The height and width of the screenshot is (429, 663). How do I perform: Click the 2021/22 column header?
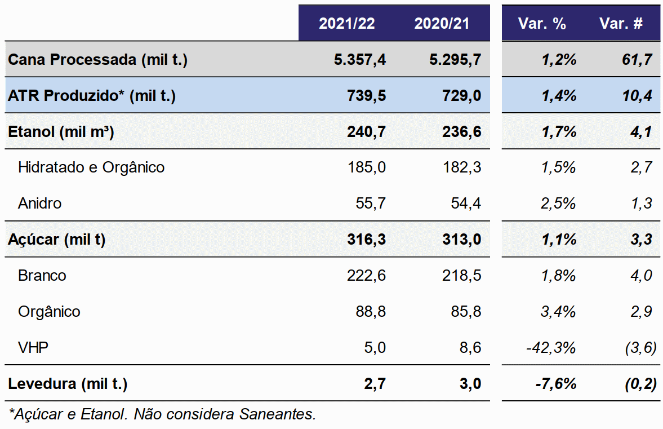(347, 23)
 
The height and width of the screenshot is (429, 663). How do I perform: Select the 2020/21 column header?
(442, 23)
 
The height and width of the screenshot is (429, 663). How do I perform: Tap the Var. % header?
(542, 23)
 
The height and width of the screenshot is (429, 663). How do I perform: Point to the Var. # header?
(621, 23)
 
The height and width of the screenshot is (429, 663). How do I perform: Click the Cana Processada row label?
(97, 60)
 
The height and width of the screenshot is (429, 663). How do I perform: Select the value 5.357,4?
(360, 60)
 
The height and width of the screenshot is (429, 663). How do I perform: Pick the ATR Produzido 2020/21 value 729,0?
(462, 96)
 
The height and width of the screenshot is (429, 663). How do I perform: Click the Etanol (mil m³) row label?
(61, 131)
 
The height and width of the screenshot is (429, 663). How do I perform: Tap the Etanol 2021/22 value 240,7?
(366, 131)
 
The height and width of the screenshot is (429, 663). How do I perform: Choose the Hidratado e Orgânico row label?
(91, 167)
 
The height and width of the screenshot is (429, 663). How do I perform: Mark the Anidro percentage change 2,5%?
(558, 204)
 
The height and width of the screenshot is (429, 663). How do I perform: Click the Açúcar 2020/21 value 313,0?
(462, 240)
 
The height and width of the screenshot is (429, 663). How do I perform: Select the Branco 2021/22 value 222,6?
(366, 276)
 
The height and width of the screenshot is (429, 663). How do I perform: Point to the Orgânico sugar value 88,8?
(371, 311)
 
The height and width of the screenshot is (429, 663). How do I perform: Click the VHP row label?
(33, 347)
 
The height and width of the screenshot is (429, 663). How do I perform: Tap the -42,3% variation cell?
(551, 348)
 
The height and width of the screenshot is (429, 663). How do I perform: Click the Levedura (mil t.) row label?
(68, 384)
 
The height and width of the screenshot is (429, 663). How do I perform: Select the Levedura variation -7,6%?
(555, 384)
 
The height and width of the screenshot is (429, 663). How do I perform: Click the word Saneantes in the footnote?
(277, 414)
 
